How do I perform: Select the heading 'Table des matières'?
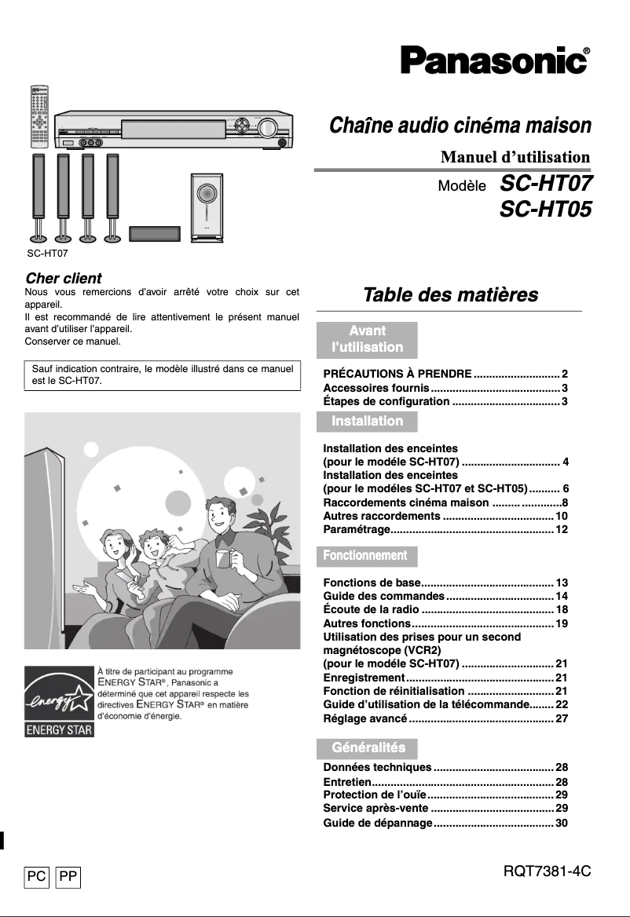pyautogui.click(x=450, y=295)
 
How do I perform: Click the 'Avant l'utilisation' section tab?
pyautogui.click(x=367, y=339)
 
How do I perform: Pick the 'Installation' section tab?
pyautogui.click(x=367, y=422)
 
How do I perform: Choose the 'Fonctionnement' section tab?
pyautogui.click(x=367, y=556)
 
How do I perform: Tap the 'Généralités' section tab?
pyautogui.click(x=368, y=748)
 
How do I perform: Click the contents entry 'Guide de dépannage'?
pyautogui.click(x=378, y=824)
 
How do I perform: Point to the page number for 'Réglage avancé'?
pyautogui.click(x=561, y=719)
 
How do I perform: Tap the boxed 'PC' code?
pyautogui.click(x=37, y=876)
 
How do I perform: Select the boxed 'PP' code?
pyautogui.click(x=68, y=876)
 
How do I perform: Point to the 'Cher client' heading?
pyautogui.click(x=64, y=278)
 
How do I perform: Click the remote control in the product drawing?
pyautogui.click(x=39, y=117)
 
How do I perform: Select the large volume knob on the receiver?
pyautogui.click(x=268, y=128)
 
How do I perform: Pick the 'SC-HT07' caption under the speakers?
pyautogui.click(x=46, y=254)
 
